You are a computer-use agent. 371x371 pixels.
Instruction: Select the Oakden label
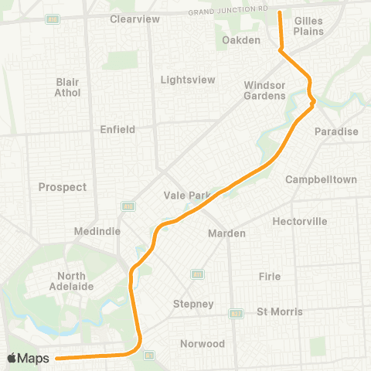[241, 40]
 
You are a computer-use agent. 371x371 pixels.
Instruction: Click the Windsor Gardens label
[265, 90]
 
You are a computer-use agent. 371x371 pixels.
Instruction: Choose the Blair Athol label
[67, 87]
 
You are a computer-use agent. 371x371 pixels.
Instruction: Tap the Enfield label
[117, 129]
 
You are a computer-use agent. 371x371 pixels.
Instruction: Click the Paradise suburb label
[336, 131]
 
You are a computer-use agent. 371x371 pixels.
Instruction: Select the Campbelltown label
[321, 179]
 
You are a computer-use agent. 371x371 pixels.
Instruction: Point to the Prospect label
[63, 187]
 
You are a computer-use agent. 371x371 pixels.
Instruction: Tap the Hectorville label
[300, 221]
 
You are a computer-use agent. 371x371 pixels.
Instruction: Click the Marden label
[227, 233]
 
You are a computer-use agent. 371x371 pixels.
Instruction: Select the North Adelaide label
[75, 281]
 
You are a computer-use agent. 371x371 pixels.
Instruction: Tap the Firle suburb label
[270, 276]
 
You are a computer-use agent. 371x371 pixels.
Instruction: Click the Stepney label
[193, 304]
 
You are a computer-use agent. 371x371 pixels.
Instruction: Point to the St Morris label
[280, 311]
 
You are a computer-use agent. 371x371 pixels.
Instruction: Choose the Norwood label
[203, 343]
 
